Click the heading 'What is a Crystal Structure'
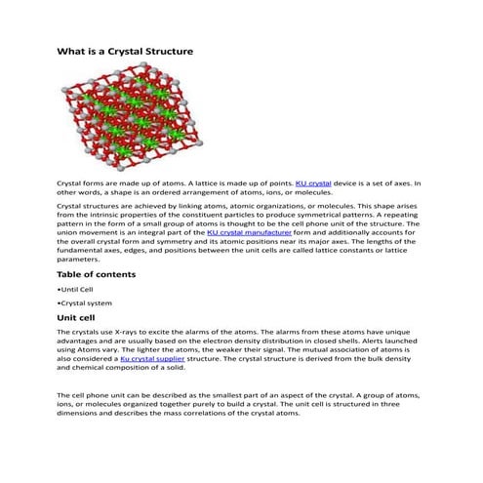click(125, 51)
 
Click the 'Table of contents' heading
click(96, 275)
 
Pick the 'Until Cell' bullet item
click(76, 290)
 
